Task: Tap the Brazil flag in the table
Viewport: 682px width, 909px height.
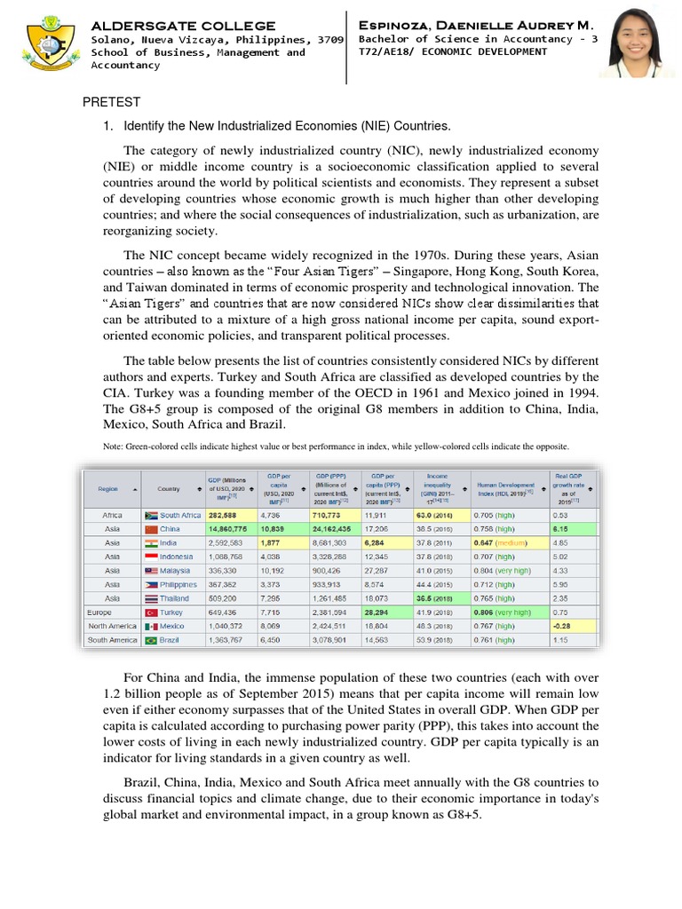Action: coord(150,639)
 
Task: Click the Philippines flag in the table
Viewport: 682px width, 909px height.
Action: coord(150,584)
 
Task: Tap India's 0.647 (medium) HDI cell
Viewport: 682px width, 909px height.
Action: coord(502,542)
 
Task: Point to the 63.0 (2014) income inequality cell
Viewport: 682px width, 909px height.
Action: coord(439,515)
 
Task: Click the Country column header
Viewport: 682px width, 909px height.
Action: coord(169,487)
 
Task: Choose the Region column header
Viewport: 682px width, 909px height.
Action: coord(108,487)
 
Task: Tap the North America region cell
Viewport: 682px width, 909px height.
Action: coord(112,626)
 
